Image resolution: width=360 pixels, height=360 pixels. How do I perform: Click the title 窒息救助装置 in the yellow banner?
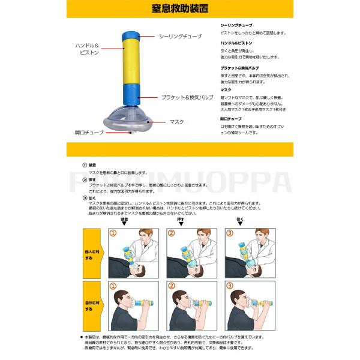(x=180, y=10)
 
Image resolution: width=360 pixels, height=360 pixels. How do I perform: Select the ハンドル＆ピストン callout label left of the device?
(x=91, y=49)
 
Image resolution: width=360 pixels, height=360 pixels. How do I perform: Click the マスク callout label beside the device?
(x=177, y=122)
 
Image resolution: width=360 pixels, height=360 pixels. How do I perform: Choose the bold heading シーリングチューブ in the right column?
(x=236, y=26)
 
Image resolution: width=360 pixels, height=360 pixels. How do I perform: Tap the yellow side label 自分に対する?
(x=88, y=307)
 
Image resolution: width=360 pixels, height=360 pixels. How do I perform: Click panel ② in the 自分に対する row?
(x=191, y=306)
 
